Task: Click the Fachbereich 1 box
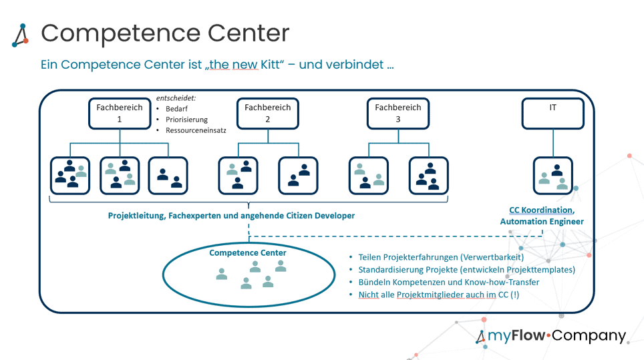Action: tap(120, 114)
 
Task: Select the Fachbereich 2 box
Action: tap(267, 114)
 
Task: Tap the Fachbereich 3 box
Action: tap(398, 114)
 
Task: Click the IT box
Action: tap(552, 114)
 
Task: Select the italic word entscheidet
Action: tap(176, 98)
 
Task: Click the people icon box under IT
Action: tap(552, 176)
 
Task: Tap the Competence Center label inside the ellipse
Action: tap(248, 253)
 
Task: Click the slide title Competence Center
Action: tap(165, 33)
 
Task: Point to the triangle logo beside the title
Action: tap(20, 35)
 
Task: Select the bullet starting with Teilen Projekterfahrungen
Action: tap(441, 257)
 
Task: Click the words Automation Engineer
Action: tap(542, 221)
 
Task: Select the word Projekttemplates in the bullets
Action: tap(541, 270)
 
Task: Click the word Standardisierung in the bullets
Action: tap(391, 270)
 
